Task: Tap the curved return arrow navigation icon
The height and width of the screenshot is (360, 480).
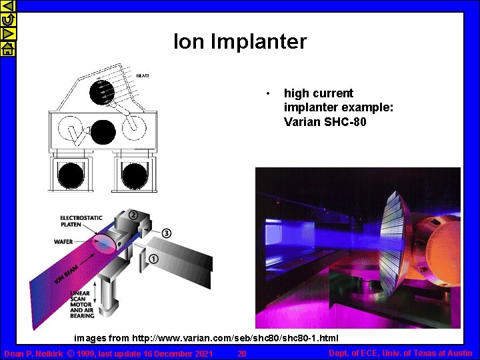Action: coord(7,20)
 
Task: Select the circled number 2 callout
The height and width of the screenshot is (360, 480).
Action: coord(133,215)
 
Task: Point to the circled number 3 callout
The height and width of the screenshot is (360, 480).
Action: coord(166,233)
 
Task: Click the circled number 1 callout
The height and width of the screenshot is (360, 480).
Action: coord(153,259)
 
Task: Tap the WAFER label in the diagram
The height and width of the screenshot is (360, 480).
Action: coord(64,241)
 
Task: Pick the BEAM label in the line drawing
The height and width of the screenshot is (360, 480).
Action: coord(143,75)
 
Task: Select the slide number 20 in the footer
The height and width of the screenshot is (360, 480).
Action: coord(242,353)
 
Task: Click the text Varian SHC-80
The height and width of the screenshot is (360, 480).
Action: coord(325,122)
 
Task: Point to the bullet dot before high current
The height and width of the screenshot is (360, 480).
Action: coord(267,93)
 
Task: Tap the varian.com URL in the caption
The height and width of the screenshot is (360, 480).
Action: coord(235,339)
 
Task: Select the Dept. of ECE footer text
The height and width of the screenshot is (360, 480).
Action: coord(401,353)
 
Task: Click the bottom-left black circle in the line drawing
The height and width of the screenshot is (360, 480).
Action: coord(69,175)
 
